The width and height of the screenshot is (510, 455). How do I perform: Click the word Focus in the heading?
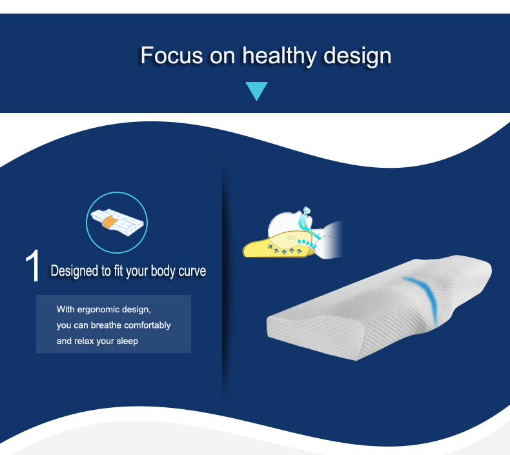pyautogui.click(x=172, y=56)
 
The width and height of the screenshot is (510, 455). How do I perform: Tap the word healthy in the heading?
pyautogui.click(x=279, y=56)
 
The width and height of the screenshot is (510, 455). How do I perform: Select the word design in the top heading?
pyautogui.click(x=357, y=56)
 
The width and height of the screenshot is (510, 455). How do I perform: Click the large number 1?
pyautogui.click(x=32, y=266)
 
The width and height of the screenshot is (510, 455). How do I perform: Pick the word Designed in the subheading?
pyautogui.click(x=74, y=270)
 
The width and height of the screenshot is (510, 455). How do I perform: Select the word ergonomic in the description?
pyautogui.click(x=98, y=310)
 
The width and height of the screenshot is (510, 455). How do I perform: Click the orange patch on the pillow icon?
pyautogui.click(x=109, y=221)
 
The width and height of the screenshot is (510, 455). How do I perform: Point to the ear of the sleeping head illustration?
pyautogui.click(x=292, y=237)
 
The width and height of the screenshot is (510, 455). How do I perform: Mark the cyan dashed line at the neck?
pyautogui.click(x=307, y=243)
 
